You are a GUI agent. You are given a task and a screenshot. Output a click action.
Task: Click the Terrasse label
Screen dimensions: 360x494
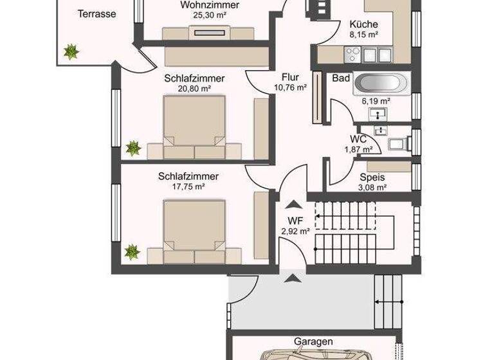tap(96, 14)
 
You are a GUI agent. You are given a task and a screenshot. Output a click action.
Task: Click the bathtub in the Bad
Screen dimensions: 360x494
tap(380, 84)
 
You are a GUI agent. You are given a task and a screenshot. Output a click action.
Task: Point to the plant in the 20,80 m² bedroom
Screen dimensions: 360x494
tap(133, 148)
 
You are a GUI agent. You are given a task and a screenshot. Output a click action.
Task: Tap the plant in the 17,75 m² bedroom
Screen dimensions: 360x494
tap(133, 251)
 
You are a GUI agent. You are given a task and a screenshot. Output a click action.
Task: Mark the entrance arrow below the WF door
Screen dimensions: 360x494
tap(293, 278)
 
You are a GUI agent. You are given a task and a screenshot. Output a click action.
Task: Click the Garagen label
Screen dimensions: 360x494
tap(315, 342)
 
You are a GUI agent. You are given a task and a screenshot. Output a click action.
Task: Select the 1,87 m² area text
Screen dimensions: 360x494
tap(358, 149)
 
